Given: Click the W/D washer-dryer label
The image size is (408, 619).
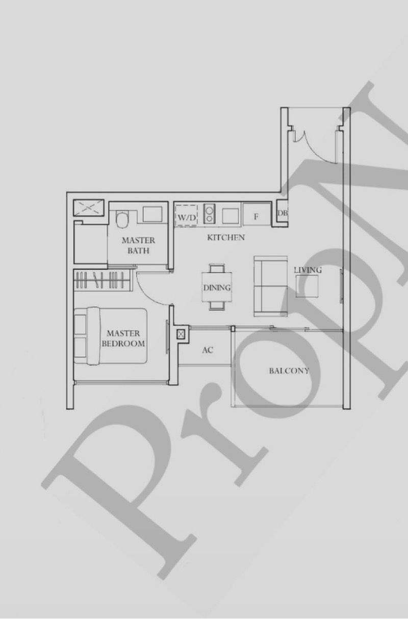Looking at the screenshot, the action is click(x=187, y=217).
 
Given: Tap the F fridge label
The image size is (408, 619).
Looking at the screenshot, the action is click(x=256, y=217).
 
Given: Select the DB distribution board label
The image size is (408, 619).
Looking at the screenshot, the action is click(x=283, y=213).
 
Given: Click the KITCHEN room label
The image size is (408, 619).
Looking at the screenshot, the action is click(x=226, y=237).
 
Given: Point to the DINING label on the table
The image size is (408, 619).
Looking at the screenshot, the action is click(x=217, y=288).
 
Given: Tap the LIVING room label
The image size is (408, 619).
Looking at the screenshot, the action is click(x=308, y=270).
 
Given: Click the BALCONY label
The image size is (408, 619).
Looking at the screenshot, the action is click(x=289, y=371).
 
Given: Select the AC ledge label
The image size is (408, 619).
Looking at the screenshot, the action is click(x=208, y=350).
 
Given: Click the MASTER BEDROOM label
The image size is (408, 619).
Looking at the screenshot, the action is click(x=123, y=338).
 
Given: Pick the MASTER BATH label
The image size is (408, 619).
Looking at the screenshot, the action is click(x=138, y=245).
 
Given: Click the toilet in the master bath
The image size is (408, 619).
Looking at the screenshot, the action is click(x=122, y=219).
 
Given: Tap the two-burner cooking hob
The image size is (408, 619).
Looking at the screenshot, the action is click(x=210, y=213).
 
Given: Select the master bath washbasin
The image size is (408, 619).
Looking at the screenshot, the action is click(x=152, y=214).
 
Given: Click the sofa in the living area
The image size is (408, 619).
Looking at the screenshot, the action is click(x=270, y=286).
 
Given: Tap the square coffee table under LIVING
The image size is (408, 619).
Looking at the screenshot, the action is click(x=307, y=286).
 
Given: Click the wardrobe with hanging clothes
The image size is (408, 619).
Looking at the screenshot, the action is click(x=103, y=280).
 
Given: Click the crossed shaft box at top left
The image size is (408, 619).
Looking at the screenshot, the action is click(x=89, y=208).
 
